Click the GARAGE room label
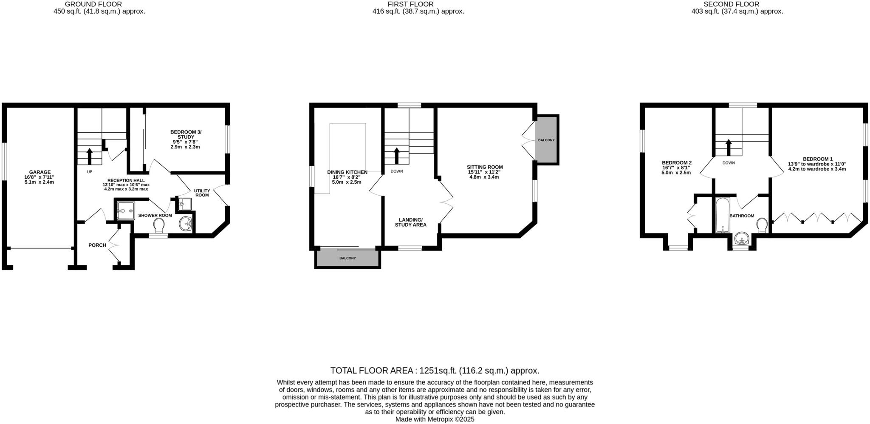[40, 172]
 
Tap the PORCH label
[97, 245]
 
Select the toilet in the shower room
[159, 225]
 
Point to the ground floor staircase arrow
[90, 156]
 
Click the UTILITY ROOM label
[202, 193]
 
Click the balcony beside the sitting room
[546, 140]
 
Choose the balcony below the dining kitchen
[347, 259]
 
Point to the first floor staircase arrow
[397, 156]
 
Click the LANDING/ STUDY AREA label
[410, 222]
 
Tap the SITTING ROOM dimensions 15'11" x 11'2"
[484, 172]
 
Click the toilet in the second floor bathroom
[762, 225]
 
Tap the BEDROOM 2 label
[677, 162]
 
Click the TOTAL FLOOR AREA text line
[435, 370]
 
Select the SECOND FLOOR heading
[737, 4]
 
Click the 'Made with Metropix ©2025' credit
[435, 419]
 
